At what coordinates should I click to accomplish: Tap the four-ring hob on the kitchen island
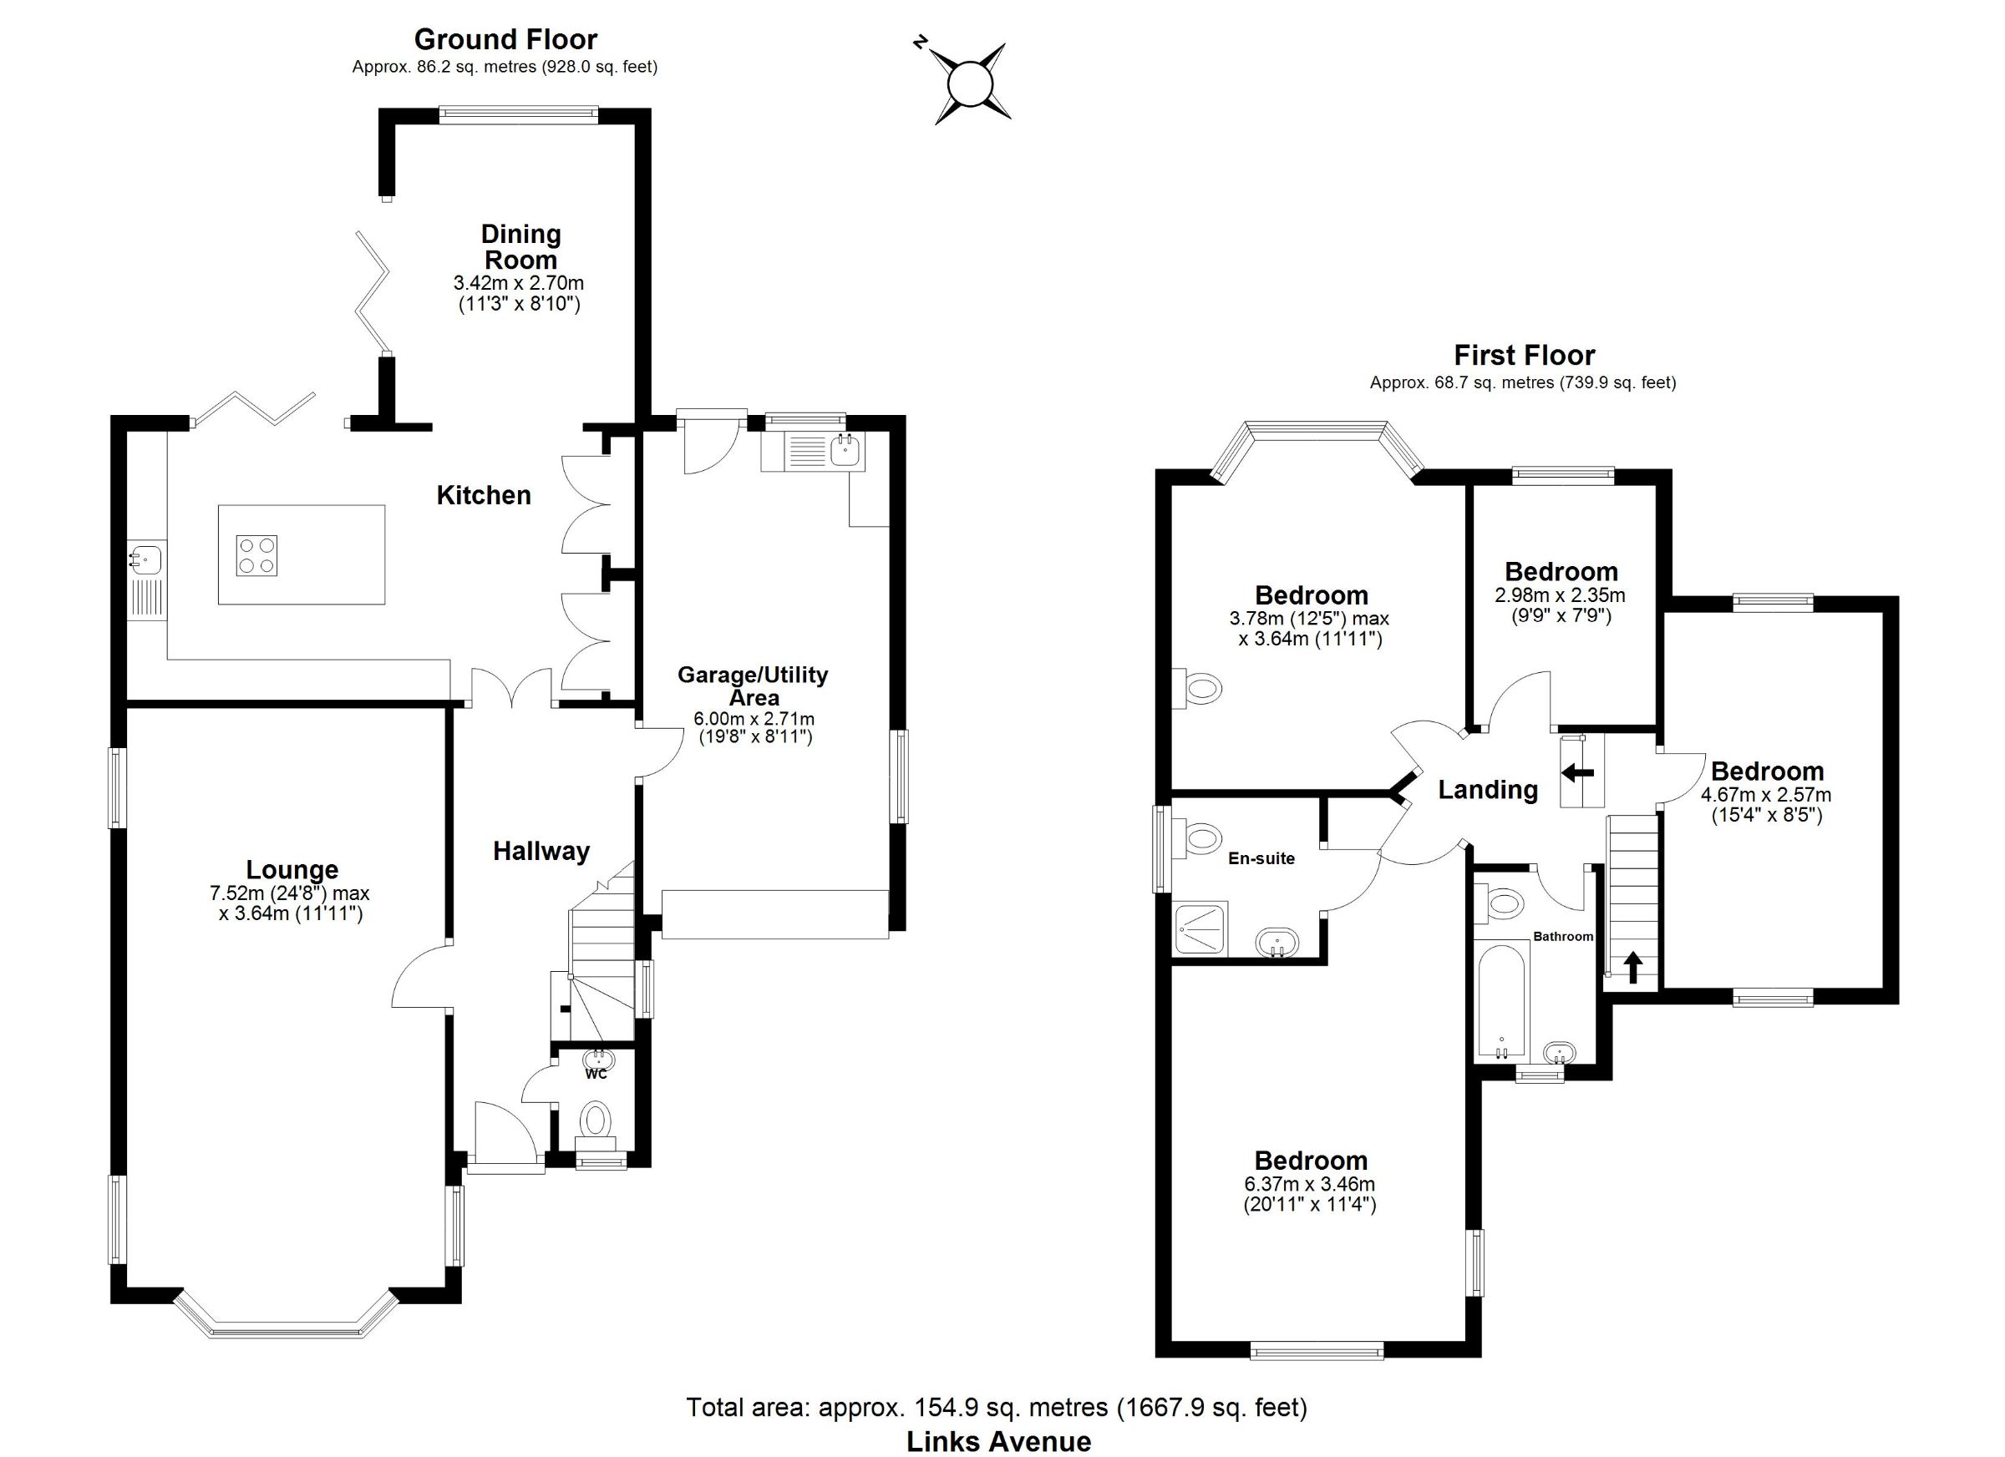pos(256,556)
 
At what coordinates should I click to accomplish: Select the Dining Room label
pos(520,247)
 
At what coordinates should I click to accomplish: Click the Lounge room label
pos(292,870)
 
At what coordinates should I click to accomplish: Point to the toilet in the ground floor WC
pos(596,1121)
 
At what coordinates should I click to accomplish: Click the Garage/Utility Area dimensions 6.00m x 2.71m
pos(756,719)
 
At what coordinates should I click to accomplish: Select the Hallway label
pos(541,851)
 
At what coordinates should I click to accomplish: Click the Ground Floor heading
pos(505,39)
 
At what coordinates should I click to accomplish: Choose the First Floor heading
pos(1524,355)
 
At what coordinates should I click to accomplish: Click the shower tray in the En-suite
pos(1200,928)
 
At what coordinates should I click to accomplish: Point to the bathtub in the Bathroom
pos(1502,1002)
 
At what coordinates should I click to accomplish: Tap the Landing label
pos(1488,789)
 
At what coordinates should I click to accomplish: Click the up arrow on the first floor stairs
pos(1632,967)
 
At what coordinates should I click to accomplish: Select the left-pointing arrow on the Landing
pos(1577,773)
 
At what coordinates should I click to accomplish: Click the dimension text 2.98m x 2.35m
pos(1561,595)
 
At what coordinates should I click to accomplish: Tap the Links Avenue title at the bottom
pos(998,1441)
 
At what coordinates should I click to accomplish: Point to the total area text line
pos(997,1407)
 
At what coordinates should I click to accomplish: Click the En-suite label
pos(1261,858)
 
